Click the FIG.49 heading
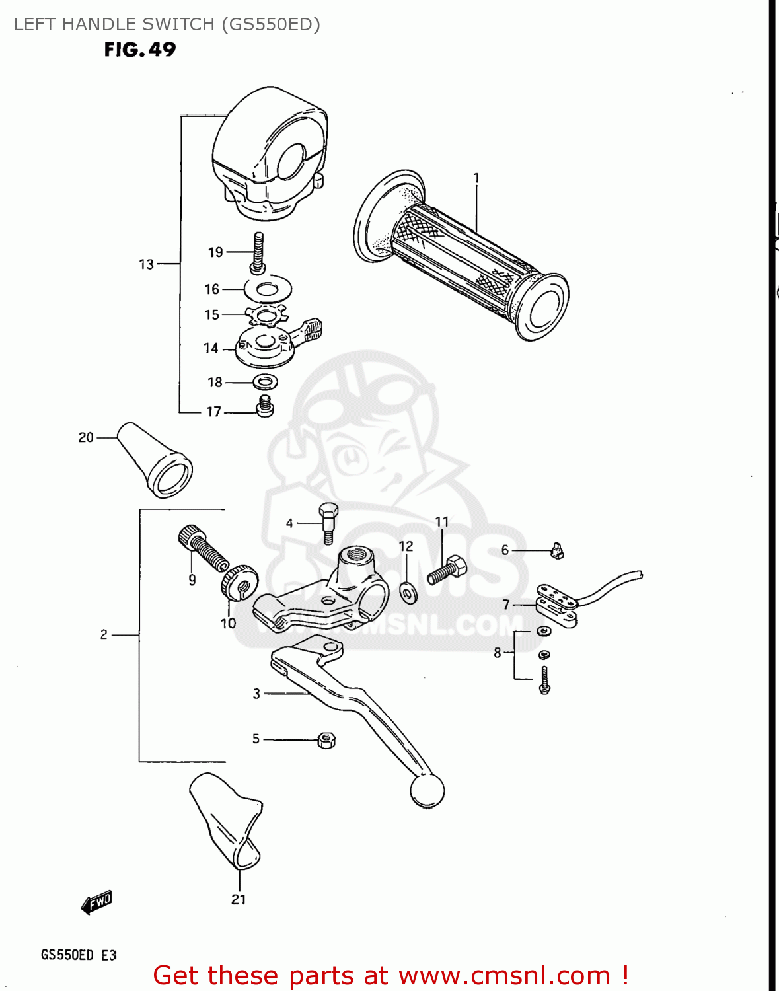[x=140, y=50]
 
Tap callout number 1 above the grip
[x=476, y=178]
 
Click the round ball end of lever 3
[x=427, y=790]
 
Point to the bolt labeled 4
[x=328, y=523]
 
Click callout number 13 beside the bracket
[x=146, y=264]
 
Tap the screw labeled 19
[x=258, y=252]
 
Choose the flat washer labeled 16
[x=268, y=289]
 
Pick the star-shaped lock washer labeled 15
[x=266, y=315]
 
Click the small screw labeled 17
[x=265, y=406]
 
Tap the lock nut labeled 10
[x=239, y=581]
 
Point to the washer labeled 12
[x=408, y=592]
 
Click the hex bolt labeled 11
[x=447, y=570]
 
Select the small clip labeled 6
[x=557, y=550]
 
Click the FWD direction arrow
[x=96, y=902]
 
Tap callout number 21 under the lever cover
[x=239, y=899]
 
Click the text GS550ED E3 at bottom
[x=79, y=955]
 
